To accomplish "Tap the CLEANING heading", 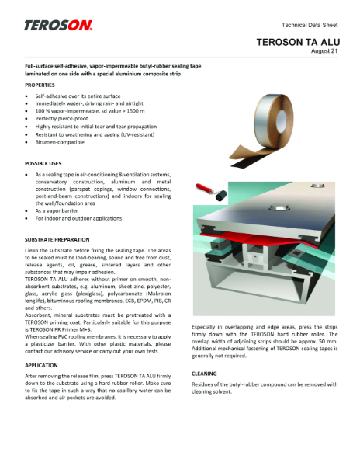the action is click(205, 373).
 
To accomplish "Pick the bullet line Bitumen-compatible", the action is click(61, 142).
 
